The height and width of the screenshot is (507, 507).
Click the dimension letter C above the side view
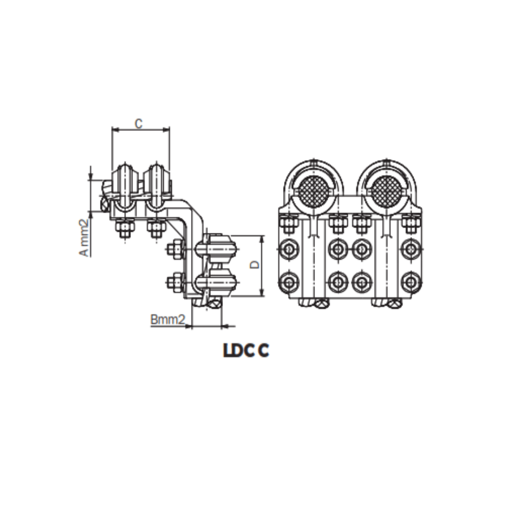[x=138, y=123]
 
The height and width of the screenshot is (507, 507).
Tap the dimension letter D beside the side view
[x=254, y=265]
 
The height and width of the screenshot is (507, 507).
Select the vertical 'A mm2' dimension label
[x=84, y=238]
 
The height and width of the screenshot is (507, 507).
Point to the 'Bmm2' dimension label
[x=168, y=320]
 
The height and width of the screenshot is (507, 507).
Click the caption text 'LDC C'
[x=246, y=351]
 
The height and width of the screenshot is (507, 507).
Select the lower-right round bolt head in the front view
[x=411, y=282]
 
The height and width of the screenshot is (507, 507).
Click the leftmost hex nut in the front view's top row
[x=288, y=223]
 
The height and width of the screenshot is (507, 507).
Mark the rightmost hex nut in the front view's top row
[x=411, y=223]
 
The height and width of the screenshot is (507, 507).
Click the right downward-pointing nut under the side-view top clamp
[x=155, y=229]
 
